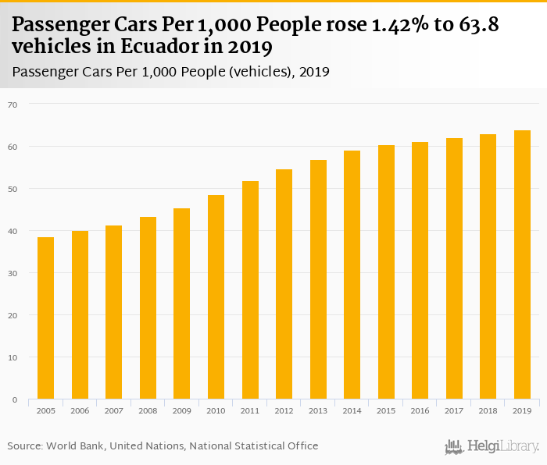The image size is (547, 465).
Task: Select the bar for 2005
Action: coord(46,318)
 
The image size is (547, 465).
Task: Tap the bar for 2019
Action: coord(522,264)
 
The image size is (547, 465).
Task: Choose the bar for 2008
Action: coord(148,308)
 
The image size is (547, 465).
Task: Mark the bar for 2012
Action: coord(284,284)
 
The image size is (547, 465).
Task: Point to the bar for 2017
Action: coord(454,268)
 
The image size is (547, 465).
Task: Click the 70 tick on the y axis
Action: coord(13,104)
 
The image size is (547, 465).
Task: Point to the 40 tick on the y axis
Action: coord(13,231)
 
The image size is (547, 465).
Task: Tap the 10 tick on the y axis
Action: coord(13,357)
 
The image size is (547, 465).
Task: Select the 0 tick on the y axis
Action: coord(15,399)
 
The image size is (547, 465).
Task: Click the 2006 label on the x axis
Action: coord(80,411)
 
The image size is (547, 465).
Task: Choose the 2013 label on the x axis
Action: coord(318,411)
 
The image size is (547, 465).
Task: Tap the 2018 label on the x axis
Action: coord(488,411)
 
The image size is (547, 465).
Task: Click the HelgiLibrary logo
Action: coord(492,446)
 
